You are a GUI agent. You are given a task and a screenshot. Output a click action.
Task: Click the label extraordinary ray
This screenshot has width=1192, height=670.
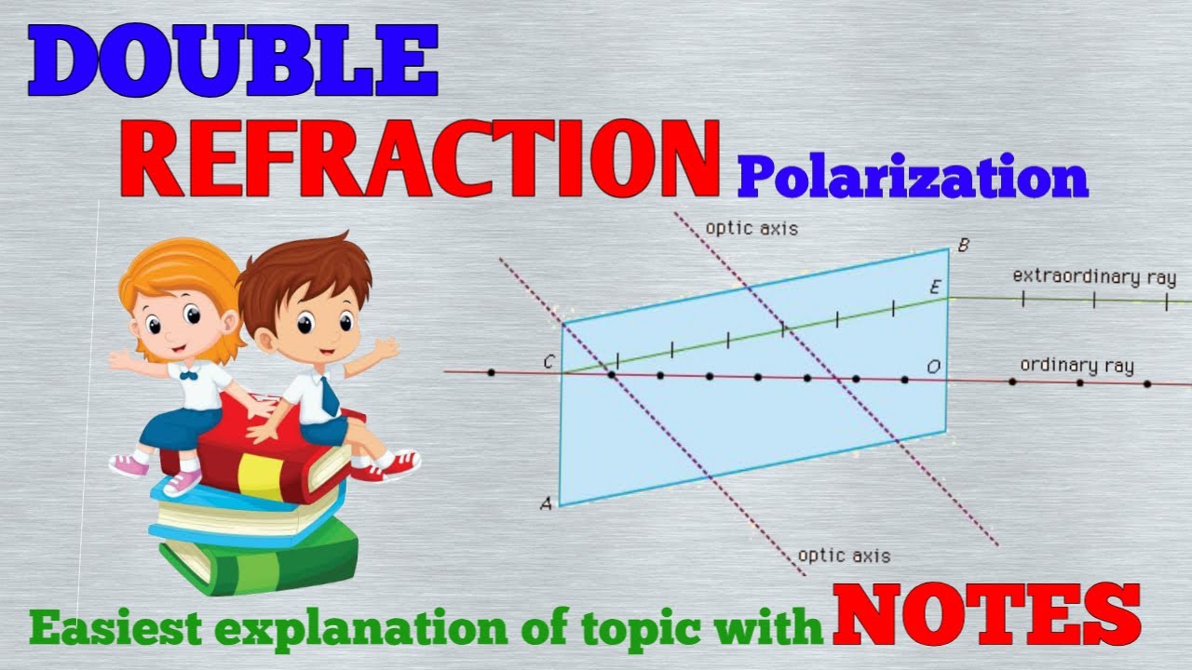1094,277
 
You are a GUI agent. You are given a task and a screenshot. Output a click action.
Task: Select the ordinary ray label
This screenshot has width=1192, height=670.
1077,366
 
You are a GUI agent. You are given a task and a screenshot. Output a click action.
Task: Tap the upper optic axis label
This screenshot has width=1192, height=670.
752,228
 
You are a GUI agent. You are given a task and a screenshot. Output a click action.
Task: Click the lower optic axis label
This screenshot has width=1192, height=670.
844,556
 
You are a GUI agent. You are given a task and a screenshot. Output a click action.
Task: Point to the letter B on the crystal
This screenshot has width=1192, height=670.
963,247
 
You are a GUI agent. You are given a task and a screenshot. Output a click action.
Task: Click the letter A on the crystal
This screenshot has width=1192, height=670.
546,503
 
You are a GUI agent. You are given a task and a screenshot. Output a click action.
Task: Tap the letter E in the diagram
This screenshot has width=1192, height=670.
935,288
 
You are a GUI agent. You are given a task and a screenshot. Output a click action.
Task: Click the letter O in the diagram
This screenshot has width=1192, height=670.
933,367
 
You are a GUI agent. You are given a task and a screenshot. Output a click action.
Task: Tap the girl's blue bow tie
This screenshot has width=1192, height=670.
189,375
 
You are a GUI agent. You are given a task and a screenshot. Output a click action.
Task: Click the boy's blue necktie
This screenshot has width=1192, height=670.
330,395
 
